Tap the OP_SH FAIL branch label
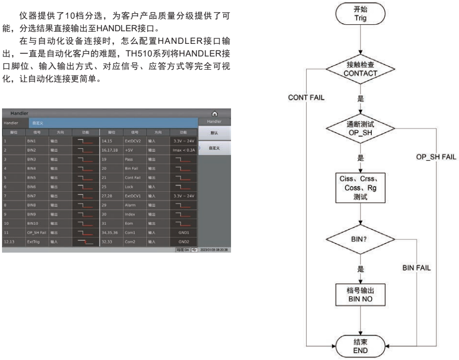436,157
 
